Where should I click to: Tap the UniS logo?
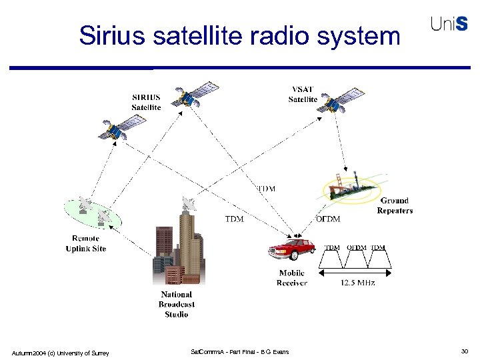[453, 24]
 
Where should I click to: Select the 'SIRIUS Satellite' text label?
[145, 102]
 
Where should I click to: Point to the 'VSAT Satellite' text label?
[303, 95]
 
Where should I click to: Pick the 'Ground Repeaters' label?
[395, 205]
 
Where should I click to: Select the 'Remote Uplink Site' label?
[85, 243]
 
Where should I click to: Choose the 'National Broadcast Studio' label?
[176, 304]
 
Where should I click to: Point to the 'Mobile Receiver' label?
[292, 278]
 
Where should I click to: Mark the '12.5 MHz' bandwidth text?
[357, 283]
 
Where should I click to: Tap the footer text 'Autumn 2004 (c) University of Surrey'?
[60, 352]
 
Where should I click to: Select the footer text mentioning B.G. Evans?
[239, 352]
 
